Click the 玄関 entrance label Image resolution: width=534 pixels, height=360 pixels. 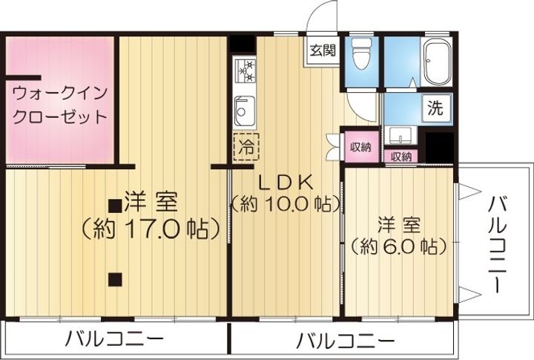pos(322,50)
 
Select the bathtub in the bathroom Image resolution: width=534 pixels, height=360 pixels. pos(437,62)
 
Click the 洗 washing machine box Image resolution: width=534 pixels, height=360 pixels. pos(436,108)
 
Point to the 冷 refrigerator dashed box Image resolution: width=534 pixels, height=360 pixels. pos(246,147)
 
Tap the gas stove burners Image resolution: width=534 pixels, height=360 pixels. pos(244,71)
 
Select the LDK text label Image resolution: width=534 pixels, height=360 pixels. pos(286,182)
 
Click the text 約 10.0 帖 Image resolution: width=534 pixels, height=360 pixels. pos(286,204)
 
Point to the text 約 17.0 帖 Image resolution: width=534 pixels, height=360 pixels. pos(150,229)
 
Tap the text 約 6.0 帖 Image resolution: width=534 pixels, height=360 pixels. pos(398,246)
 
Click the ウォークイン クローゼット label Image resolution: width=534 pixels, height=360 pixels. pos(60,105)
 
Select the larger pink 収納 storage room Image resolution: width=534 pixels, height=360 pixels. pos(361,147)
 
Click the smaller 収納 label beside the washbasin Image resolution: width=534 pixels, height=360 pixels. pos(401,157)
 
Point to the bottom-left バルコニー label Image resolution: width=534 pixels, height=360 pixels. pos(114,339)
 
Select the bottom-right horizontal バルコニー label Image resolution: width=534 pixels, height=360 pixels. pos(346,340)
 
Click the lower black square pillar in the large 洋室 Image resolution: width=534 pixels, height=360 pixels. pos(115,279)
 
